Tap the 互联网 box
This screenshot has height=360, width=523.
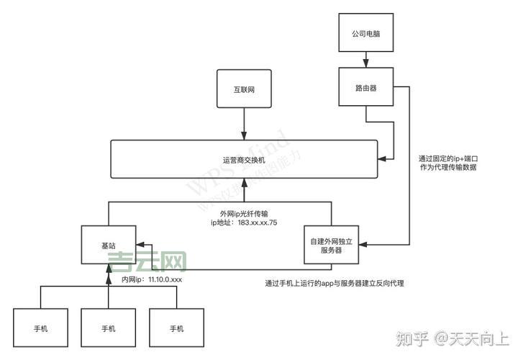[244, 90]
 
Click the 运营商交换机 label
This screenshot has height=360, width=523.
[244, 159]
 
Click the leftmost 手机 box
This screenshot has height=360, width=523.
[41, 328]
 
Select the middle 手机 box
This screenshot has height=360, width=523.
[108, 328]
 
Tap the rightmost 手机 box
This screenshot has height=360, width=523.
[176, 328]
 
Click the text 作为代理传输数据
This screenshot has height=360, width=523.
[447, 166]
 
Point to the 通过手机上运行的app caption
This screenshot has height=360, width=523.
[334, 283]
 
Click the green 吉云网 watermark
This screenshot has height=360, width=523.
[147, 261]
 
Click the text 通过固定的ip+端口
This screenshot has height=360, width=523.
[447, 156]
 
